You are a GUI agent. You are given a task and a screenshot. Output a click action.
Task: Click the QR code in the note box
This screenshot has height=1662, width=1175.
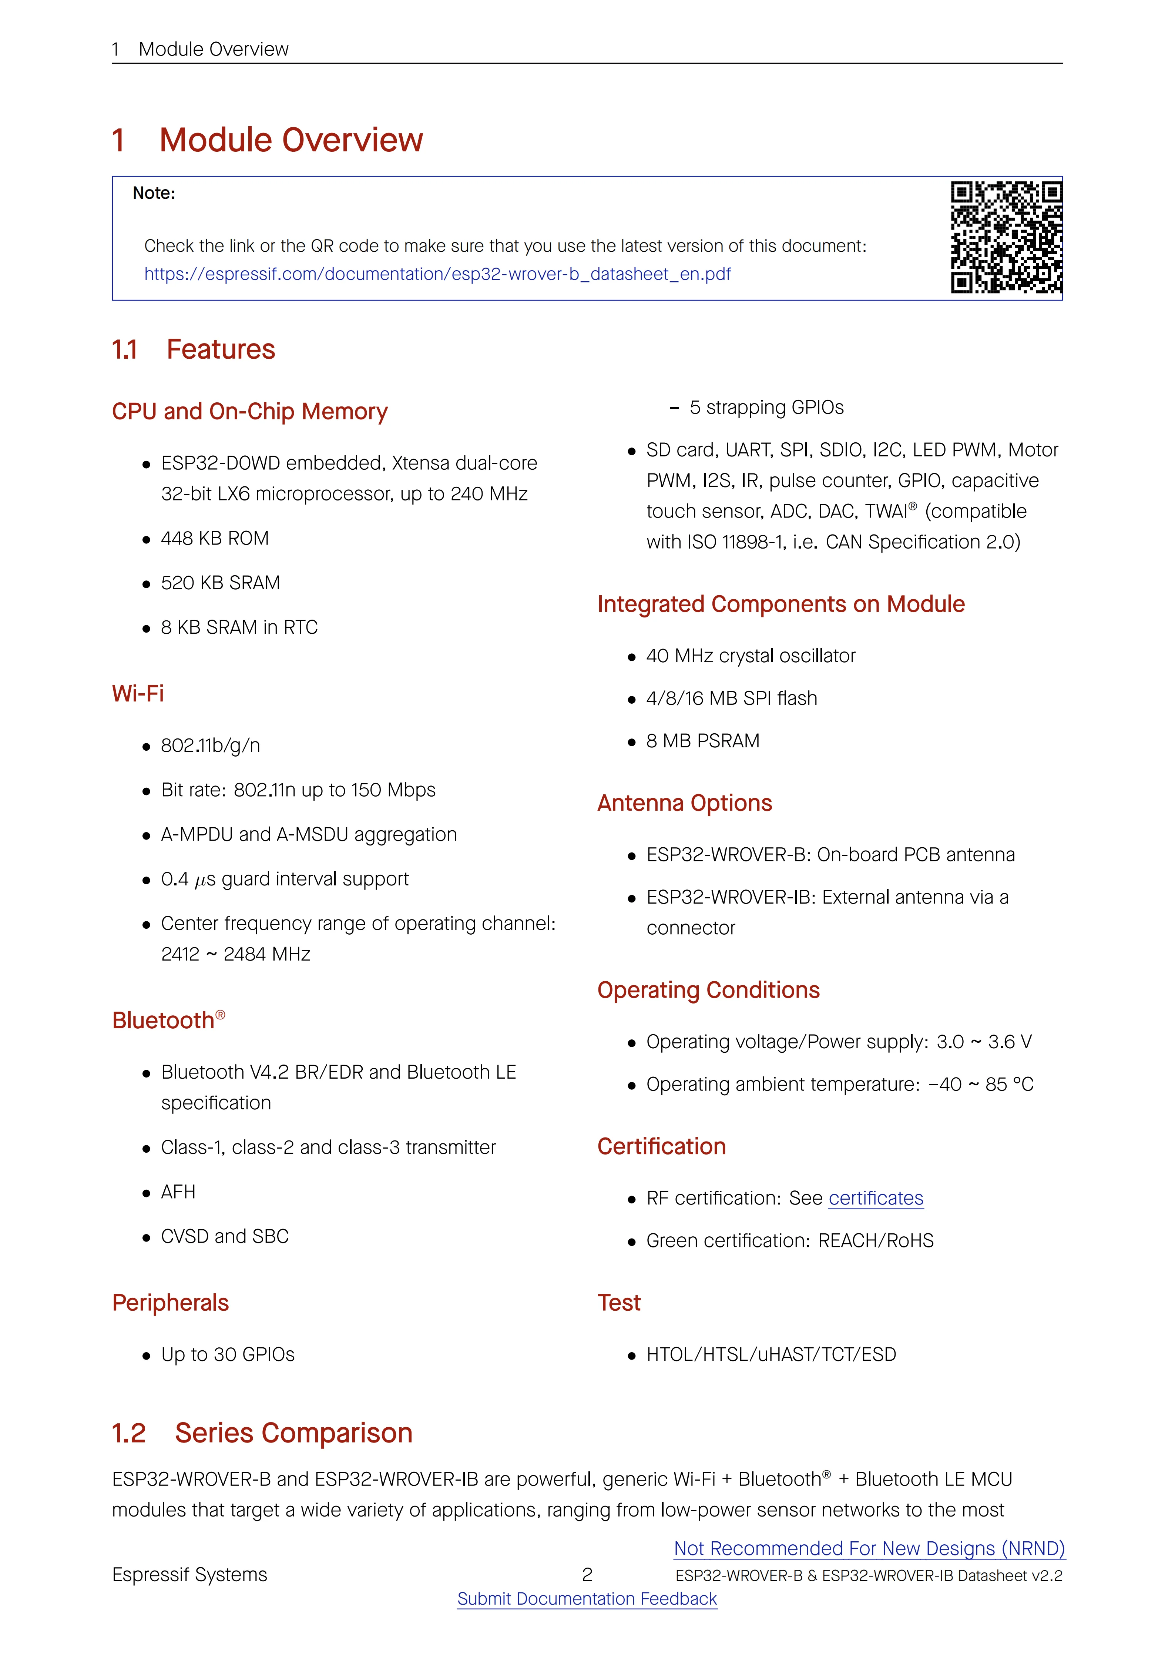(x=1006, y=237)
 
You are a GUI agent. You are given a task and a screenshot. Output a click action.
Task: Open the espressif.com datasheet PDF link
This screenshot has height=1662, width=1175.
(x=437, y=274)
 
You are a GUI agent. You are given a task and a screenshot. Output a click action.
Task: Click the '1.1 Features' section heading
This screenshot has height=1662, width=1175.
(x=193, y=350)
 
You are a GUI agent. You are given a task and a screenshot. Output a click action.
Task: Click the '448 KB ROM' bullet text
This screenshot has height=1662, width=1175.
(x=215, y=539)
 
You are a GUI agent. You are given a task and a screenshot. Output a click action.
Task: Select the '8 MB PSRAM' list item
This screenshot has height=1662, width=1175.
(x=702, y=741)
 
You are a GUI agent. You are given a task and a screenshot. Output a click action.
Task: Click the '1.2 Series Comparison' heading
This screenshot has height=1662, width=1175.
(x=262, y=1433)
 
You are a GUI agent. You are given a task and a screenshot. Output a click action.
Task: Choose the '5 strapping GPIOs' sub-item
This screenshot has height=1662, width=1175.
(x=766, y=408)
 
